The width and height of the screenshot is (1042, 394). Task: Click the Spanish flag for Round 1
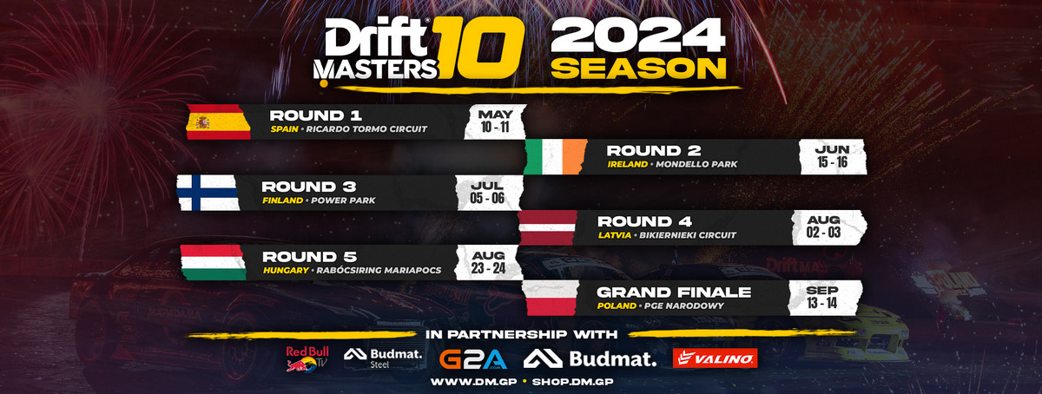click(218, 121)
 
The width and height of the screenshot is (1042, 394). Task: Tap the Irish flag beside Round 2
click(556, 157)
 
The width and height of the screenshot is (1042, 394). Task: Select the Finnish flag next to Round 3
click(208, 193)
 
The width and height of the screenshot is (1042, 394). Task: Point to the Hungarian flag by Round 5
click(213, 263)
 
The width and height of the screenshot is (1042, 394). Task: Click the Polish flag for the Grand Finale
click(551, 299)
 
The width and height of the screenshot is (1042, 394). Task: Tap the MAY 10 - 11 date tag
click(495, 121)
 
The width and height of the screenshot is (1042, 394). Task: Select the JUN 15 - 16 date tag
click(833, 157)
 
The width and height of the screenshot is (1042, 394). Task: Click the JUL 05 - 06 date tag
click(488, 193)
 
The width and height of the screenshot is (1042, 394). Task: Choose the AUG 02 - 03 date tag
click(829, 227)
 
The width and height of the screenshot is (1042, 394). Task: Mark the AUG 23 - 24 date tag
click(488, 263)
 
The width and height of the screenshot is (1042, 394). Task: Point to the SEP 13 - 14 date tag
click(824, 299)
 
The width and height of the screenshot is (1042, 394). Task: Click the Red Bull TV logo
click(307, 358)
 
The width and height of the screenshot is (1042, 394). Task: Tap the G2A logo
click(473, 359)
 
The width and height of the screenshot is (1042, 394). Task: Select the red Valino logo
click(715, 358)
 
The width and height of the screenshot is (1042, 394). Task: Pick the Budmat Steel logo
click(383, 358)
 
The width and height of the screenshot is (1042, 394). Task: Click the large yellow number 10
click(478, 48)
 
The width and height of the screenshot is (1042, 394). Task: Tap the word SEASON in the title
click(638, 69)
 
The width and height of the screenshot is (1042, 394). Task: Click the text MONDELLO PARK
click(696, 164)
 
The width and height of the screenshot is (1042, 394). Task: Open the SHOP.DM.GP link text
click(572, 382)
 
